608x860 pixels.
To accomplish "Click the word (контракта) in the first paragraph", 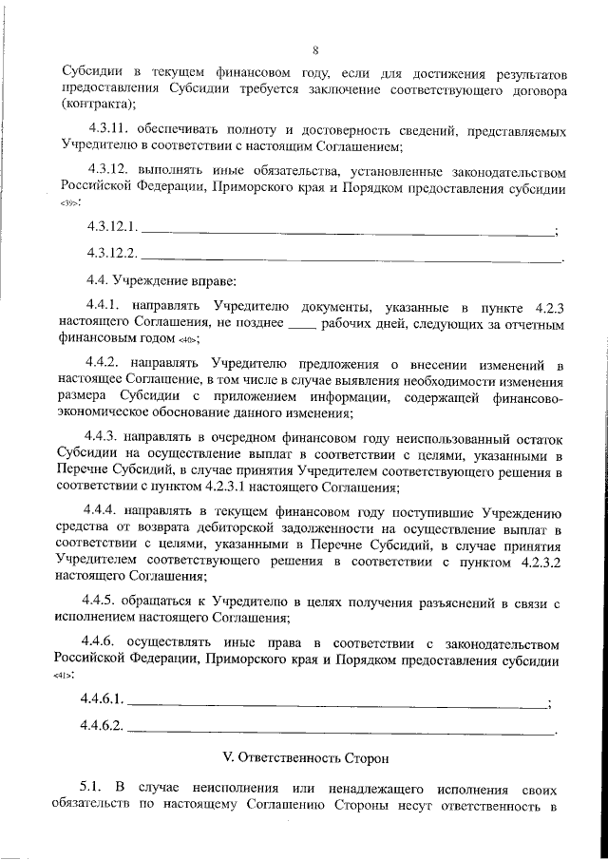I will click(99, 105).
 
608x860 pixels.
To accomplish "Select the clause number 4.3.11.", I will click(110, 129).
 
